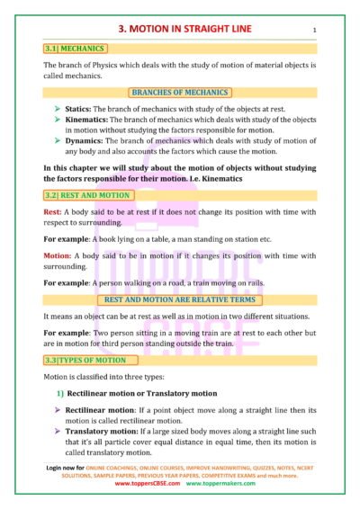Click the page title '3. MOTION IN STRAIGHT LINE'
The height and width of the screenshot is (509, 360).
[x=179, y=29]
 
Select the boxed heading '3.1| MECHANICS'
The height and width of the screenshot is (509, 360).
[x=75, y=49]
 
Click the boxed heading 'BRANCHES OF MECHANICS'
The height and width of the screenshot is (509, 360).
[x=180, y=93]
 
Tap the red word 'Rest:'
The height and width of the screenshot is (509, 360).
[x=52, y=212]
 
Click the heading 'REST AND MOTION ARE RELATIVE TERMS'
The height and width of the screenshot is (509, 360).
[x=180, y=299]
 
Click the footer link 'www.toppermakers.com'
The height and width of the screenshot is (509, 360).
[x=220, y=484]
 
